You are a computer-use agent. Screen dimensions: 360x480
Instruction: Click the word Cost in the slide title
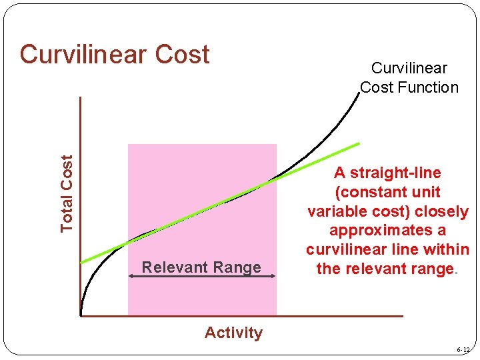coord(183,55)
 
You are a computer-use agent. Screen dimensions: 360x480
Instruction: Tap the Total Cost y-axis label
coord(67,193)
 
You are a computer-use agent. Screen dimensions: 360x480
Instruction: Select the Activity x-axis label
coord(233,333)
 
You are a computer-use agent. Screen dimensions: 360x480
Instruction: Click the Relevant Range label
coord(201,267)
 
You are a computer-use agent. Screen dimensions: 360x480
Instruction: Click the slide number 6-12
coord(463,350)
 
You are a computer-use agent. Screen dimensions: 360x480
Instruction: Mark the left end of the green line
coord(81,262)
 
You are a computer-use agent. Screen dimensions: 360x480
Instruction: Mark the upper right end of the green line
coord(359,143)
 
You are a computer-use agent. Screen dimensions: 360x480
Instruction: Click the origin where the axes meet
coord(81,315)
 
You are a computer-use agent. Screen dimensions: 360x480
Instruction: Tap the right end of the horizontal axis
coord(402,316)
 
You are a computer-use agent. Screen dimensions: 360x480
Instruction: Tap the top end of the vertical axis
coord(80,98)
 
